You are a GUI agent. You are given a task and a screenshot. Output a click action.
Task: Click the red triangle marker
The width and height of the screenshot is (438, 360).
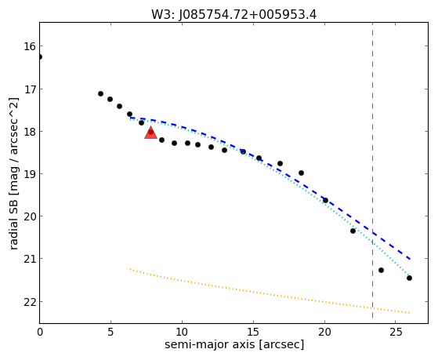point(151,133)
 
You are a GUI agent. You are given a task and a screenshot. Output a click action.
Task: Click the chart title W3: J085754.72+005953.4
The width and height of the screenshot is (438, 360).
point(233,14)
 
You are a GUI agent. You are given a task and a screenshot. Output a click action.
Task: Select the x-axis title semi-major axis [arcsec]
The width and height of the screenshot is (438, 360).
point(234,344)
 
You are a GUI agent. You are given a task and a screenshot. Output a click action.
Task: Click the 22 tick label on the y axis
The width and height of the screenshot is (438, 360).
point(30,301)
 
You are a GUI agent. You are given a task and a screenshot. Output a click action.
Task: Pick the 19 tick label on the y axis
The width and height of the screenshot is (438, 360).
point(30,173)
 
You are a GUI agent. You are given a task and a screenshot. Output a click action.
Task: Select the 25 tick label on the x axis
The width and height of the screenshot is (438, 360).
point(396,332)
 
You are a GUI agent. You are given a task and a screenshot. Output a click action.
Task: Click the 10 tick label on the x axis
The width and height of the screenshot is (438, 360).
point(182,332)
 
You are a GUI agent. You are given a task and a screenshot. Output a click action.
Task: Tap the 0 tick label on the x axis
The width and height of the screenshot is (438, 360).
point(40,332)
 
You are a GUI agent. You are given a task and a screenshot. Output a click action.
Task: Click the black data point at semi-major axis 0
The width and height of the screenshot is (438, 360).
point(40,56)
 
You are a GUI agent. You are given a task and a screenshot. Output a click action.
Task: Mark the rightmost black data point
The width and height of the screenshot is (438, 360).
point(409,278)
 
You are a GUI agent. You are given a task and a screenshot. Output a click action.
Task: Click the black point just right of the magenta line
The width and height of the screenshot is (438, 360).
point(381,271)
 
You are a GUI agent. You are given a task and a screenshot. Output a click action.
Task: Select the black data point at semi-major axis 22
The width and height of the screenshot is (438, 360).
point(353,231)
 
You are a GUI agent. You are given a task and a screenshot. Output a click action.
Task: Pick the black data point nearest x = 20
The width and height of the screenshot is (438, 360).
point(325,200)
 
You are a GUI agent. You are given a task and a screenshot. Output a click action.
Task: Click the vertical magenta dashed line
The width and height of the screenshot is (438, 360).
point(373,170)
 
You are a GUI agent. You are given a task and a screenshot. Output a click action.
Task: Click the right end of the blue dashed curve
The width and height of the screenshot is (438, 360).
point(410,260)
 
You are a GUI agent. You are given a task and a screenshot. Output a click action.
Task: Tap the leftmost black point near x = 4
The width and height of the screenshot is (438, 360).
point(100,93)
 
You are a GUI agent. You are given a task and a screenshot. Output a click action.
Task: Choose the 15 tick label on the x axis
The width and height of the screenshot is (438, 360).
point(253,332)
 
